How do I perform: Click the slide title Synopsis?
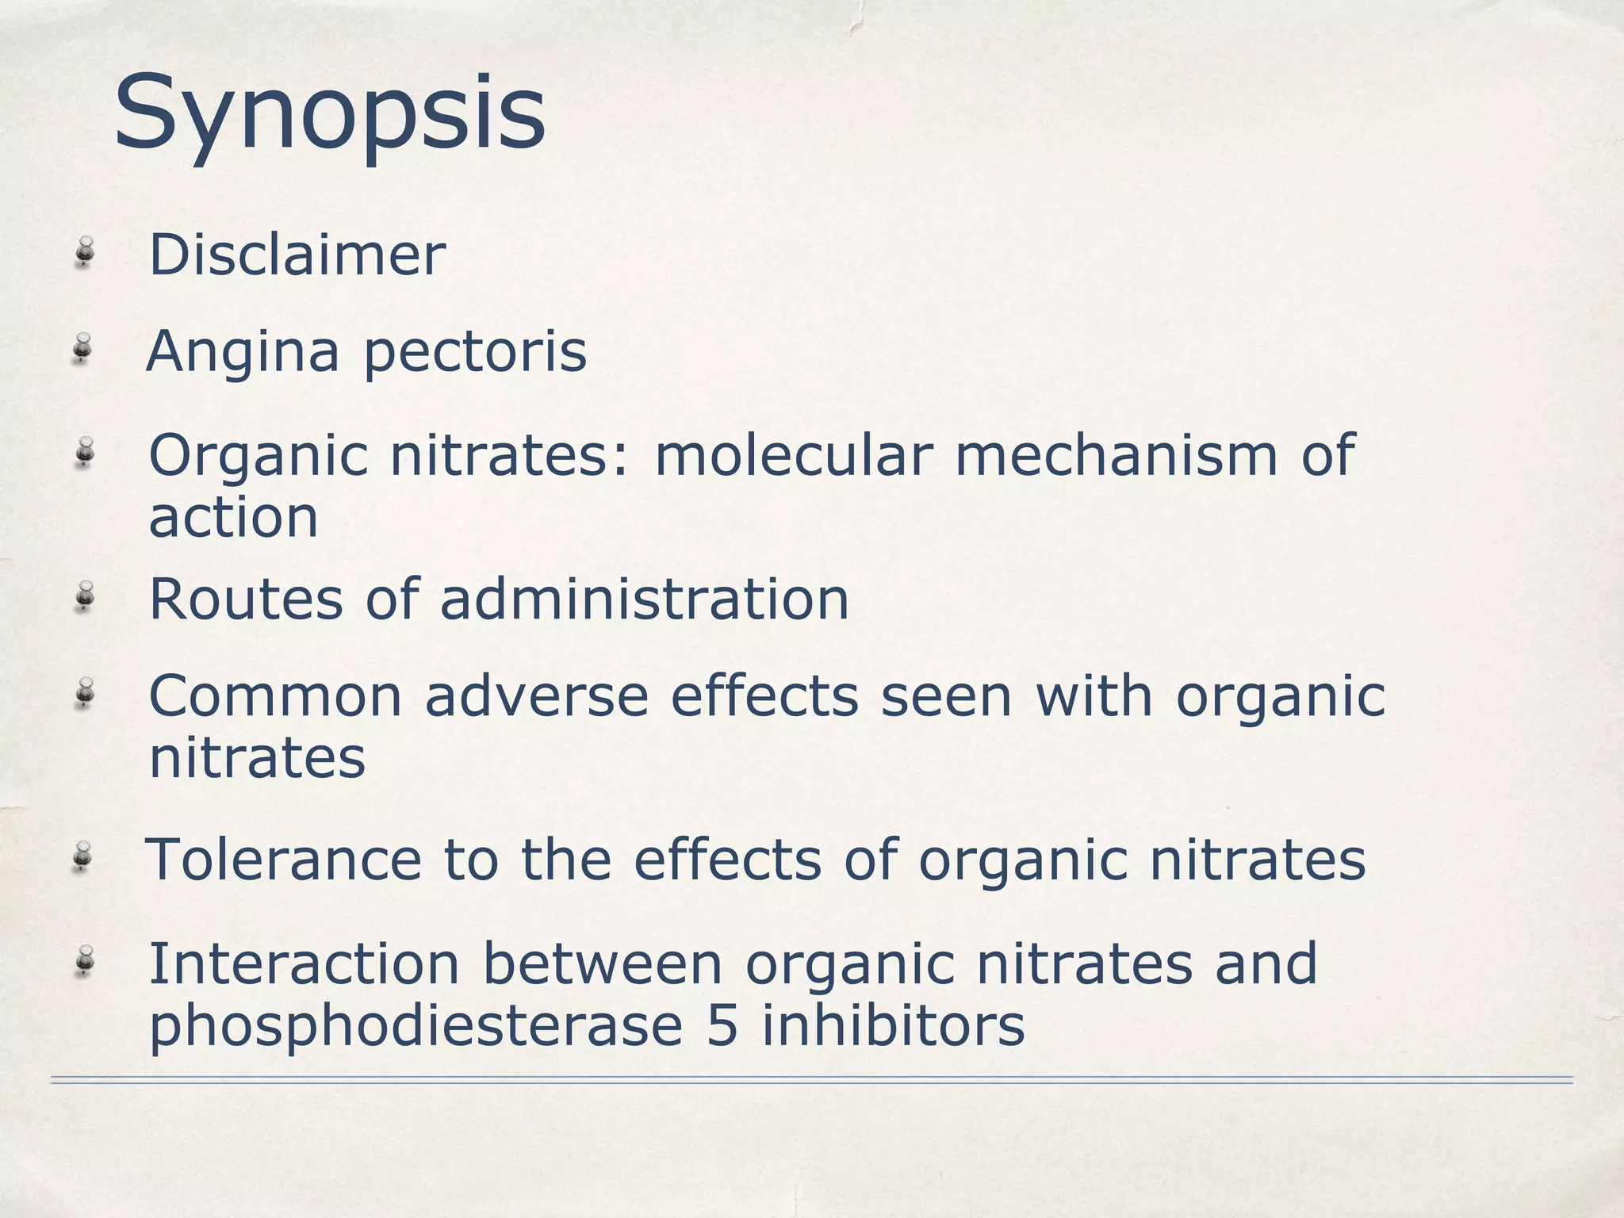pyautogui.click(x=329, y=113)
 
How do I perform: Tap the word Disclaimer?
pyautogui.click(x=297, y=255)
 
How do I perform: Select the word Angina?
pyautogui.click(x=243, y=352)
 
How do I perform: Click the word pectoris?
pyautogui.click(x=475, y=352)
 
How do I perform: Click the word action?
pyautogui.click(x=234, y=518)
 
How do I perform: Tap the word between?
pyautogui.click(x=603, y=964)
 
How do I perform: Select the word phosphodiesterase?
pyautogui.click(x=416, y=1026)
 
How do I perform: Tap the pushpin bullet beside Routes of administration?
pyautogui.click(x=84, y=597)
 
